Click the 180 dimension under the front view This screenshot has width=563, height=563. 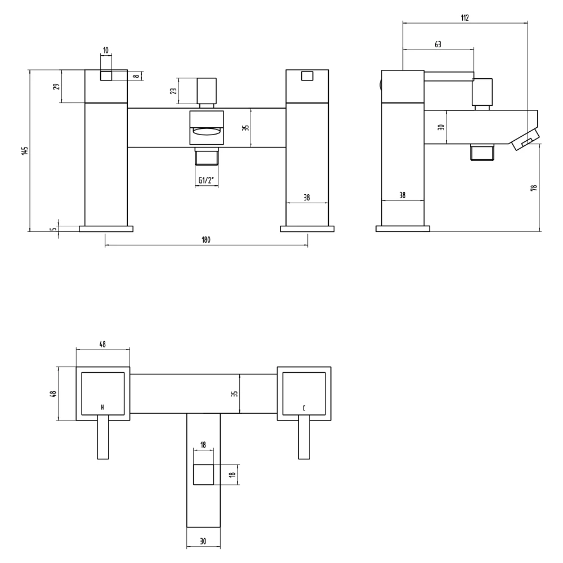[x=205, y=240]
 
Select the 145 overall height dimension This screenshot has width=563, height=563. [x=24, y=151]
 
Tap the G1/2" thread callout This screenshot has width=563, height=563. [x=206, y=180]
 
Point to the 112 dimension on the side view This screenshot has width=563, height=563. [x=464, y=17]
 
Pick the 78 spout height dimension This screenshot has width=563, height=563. [x=534, y=187]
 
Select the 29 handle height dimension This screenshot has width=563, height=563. [x=56, y=86]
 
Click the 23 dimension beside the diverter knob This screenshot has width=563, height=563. [x=173, y=91]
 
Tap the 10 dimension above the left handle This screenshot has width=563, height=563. [x=106, y=51]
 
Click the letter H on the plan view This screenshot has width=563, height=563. [x=102, y=407]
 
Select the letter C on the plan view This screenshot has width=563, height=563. [x=304, y=407]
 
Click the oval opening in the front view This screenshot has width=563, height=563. [x=207, y=132]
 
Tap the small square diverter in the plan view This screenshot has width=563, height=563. [x=203, y=475]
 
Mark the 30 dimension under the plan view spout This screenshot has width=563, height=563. [x=203, y=541]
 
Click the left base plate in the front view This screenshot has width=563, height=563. [x=106, y=229]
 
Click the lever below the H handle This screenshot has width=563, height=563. [x=102, y=439]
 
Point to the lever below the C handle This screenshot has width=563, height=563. [x=304, y=439]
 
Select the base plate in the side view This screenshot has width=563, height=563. [x=403, y=229]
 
